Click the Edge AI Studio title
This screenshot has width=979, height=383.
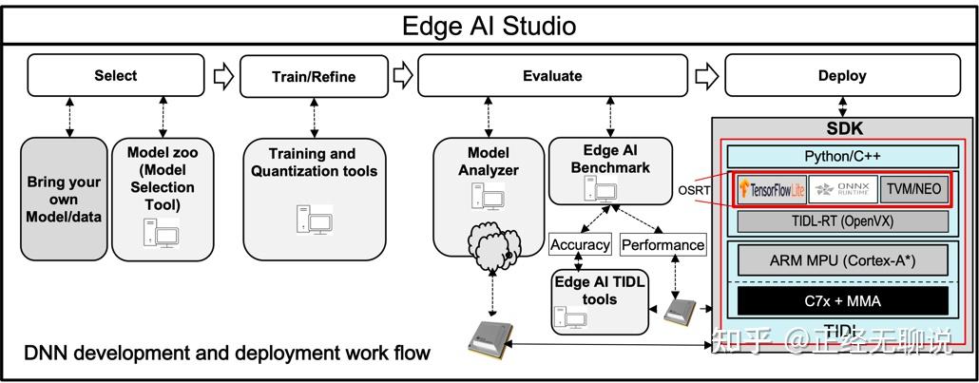(489, 25)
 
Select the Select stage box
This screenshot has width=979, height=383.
(115, 75)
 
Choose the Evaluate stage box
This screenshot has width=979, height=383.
(552, 76)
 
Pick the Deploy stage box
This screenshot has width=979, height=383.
(841, 76)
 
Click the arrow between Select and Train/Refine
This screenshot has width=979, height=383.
(222, 76)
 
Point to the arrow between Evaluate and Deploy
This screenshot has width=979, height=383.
(705, 76)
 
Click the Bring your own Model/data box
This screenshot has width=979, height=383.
(64, 200)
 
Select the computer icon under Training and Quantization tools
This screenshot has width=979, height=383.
(314, 219)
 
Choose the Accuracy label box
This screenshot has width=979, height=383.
(579, 244)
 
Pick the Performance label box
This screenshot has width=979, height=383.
(662, 244)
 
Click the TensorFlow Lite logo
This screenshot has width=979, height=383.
(770, 189)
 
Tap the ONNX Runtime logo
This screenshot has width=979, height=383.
(841, 189)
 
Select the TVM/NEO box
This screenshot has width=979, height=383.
(913, 189)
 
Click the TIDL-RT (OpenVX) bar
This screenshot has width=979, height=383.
(842, 221)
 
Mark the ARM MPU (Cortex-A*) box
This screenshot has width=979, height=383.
(842, 260)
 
